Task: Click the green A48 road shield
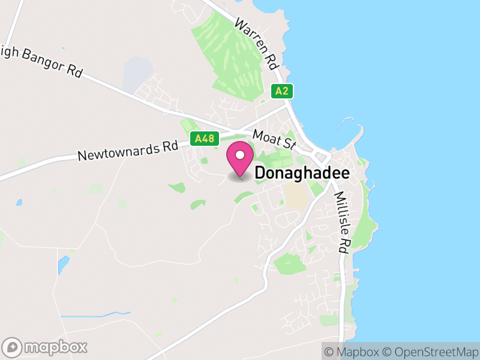point(202,139)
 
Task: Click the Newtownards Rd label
point(128,151)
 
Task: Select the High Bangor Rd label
point(42,60)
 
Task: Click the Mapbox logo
point(46,347)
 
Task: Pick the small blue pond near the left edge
point(19,202)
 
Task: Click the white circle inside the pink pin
point(240,155)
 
